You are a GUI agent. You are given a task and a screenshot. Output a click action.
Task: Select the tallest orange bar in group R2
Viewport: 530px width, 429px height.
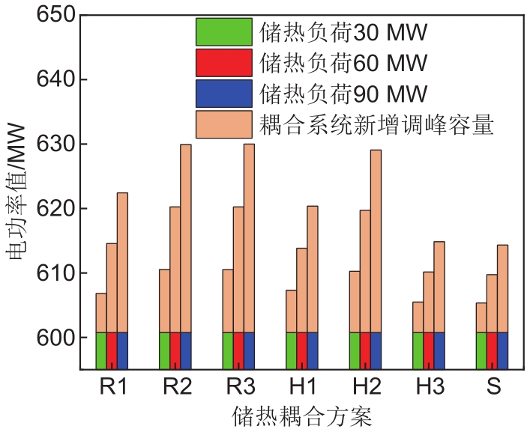tap(186, 238)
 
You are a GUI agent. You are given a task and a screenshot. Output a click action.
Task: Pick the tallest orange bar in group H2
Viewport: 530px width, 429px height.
tap(376, 241)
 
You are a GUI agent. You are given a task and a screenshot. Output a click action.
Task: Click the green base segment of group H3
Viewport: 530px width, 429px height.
tap(418, 350)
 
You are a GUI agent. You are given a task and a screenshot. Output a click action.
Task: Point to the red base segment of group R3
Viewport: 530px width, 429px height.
tap(238, 350)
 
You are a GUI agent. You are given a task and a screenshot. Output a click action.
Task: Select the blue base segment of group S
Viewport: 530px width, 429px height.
tap(502, 350)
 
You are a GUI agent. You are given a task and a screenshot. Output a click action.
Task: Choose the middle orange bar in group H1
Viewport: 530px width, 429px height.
tap(301, 290)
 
